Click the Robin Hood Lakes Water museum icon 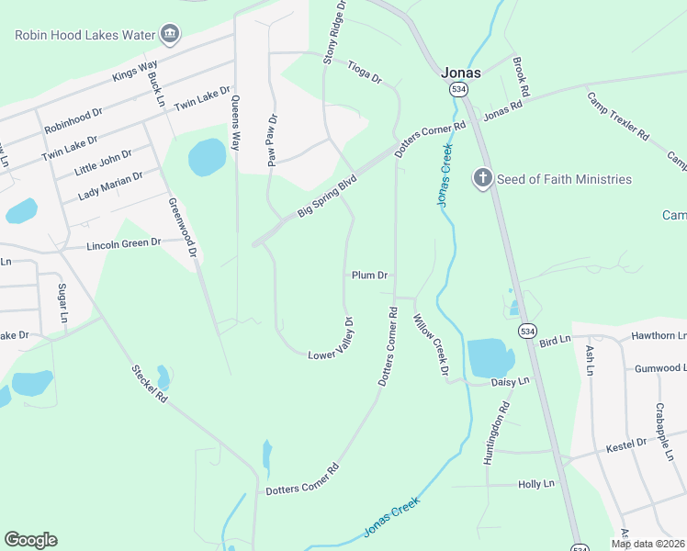169,35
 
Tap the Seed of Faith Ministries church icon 484,178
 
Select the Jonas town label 460,72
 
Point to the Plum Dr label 369,275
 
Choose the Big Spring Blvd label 326,198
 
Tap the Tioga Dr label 365,73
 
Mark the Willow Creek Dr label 429,345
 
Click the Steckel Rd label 150,384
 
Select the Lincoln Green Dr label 123,245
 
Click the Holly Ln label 536,484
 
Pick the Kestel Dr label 627,448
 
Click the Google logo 31,539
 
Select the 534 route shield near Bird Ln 527,331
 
